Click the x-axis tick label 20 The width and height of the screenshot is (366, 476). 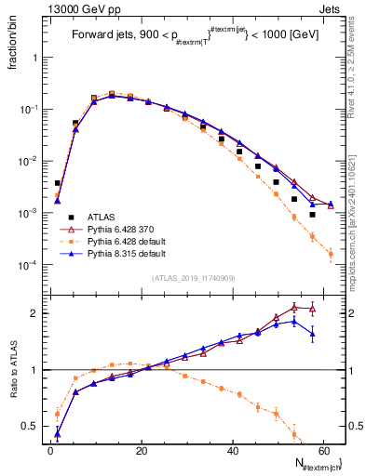[142, 450]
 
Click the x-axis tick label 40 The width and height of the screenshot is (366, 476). [233, 450]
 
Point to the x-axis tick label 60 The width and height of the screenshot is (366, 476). [324, 450]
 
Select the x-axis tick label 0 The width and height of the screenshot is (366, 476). [50, 450]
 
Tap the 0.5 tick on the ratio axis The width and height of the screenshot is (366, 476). [35, 427]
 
